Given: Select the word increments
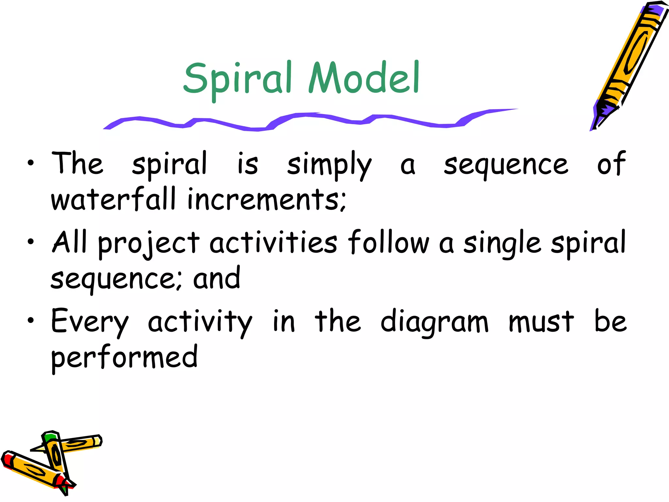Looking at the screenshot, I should (x=266, y=199).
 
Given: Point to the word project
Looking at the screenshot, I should (x=149, y=243).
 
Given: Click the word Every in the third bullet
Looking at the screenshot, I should (x=90, y=322).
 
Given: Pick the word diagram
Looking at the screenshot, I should (x=434, y=322).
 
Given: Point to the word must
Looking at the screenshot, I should (x=541, y=322).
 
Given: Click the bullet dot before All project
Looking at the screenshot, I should (x=31, y=242).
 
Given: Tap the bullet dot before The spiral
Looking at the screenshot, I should (x=31, y=163).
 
